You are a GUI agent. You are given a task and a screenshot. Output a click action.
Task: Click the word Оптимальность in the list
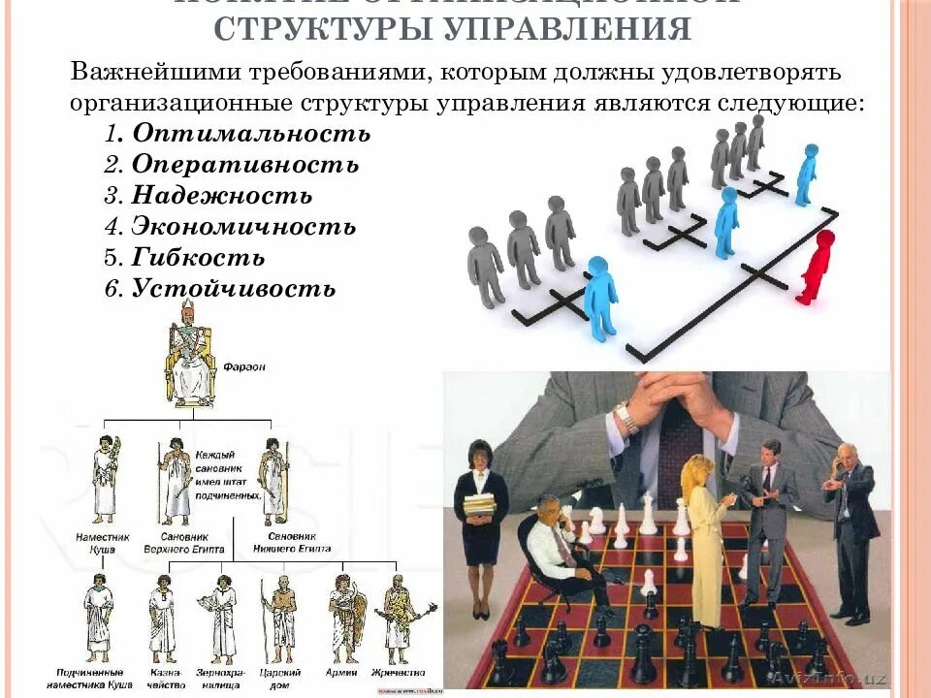coord(251,133)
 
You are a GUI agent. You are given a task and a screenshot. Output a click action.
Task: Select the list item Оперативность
coord(245,165)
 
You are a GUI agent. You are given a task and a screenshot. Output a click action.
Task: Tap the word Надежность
coord(222,196)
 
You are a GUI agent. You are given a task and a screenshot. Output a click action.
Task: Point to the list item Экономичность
coord(243,227)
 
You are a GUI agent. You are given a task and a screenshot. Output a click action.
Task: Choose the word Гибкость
coord(198,258)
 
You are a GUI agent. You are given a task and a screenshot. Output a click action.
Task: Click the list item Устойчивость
coord(234,289)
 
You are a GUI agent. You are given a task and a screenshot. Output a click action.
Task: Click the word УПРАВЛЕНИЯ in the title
coord(568,29)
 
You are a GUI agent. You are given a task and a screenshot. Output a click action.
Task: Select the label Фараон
coord(244,367)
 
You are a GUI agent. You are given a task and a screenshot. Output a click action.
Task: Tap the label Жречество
coord(403,671)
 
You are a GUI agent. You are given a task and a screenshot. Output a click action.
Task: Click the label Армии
coord(343,671)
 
